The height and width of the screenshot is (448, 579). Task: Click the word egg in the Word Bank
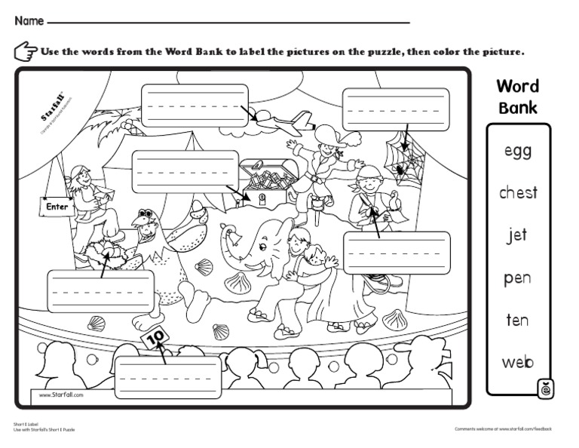(x=518, y=151)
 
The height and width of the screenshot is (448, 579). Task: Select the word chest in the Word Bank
(x=518, y=193)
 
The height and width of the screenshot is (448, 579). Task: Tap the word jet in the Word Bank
(x=517, y=235)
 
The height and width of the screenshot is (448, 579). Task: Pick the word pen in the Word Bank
(x=518, y=278)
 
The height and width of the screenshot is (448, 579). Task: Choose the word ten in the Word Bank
(x=517, y=320)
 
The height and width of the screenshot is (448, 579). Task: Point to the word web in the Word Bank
(x=518, y=362)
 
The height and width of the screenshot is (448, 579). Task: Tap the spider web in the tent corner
(x=403, y=155)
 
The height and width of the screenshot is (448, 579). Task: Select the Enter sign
(x=57, y=206)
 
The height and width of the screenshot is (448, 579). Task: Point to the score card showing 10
(x=155, y=339)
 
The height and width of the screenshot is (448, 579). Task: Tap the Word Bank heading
(x=517, y=96)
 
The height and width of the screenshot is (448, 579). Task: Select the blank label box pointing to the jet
(x=195, y=105)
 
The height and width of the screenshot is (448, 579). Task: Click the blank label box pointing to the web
(x=395, y=109)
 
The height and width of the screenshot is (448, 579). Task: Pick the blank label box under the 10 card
(x=169, y=376)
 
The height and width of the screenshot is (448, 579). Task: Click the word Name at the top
(x=29, y=21)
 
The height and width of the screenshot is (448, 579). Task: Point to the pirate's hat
(x=332, y=135)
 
